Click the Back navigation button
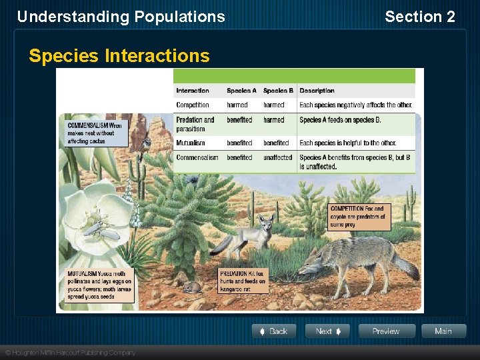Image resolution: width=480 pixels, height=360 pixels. coord(273,331)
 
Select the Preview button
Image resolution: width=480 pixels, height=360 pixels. coord(387,331)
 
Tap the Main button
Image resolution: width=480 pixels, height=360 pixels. coord(443,331)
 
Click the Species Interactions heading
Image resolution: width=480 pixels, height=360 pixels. coord(119,56)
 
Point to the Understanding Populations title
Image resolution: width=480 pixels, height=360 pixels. coord(121,17)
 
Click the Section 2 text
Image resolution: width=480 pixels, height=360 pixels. coord(420,17)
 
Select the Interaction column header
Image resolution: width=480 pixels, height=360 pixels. coord(193,91)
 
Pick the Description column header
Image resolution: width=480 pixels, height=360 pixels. coord(317,91)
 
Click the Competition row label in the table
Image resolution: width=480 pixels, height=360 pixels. coord(193,105)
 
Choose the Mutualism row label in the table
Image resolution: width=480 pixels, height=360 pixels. coord(191,143)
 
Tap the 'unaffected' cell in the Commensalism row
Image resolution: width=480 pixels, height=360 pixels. coord(277,157)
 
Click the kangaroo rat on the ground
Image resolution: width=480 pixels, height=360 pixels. coord(193,287)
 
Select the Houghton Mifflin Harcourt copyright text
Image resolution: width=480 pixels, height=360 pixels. coord(70,353)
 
